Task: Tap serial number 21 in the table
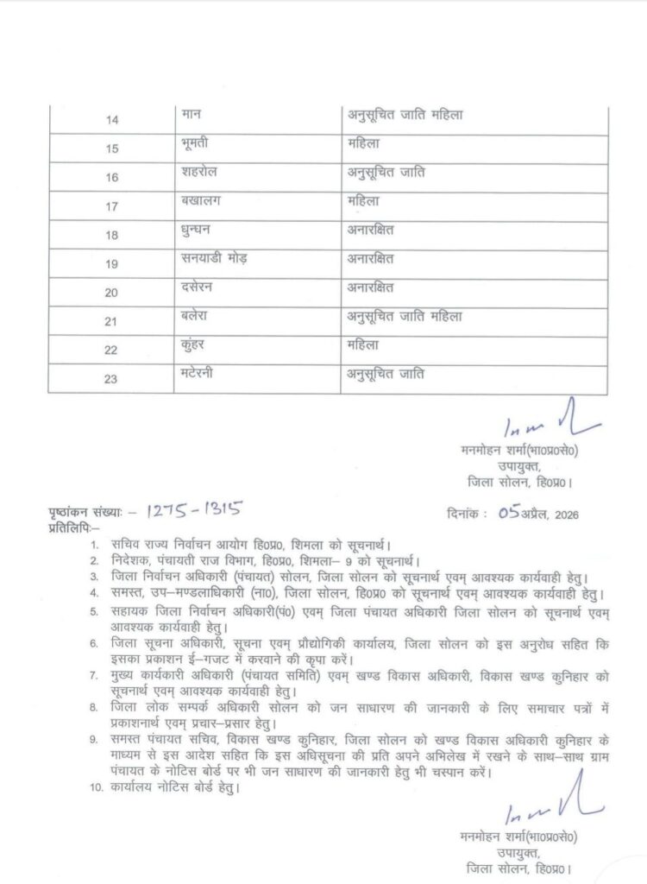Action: pos(112,322)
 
